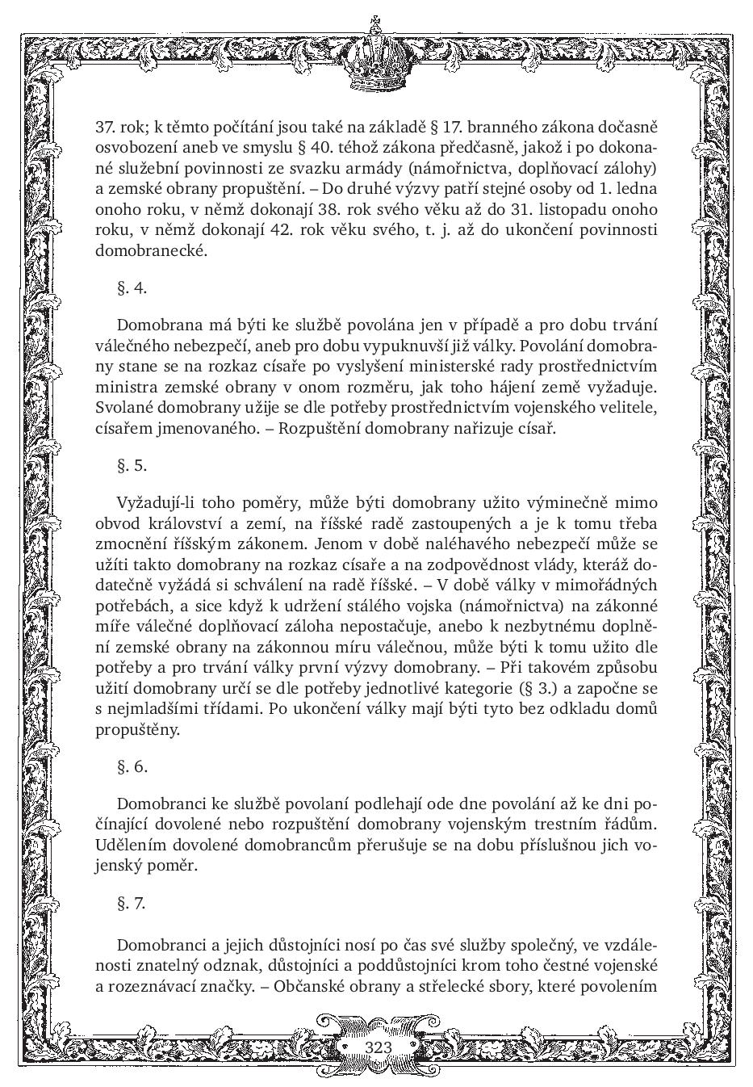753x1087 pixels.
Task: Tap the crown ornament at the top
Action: click(376, 57)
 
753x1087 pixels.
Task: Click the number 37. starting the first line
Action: click(106, 127)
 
